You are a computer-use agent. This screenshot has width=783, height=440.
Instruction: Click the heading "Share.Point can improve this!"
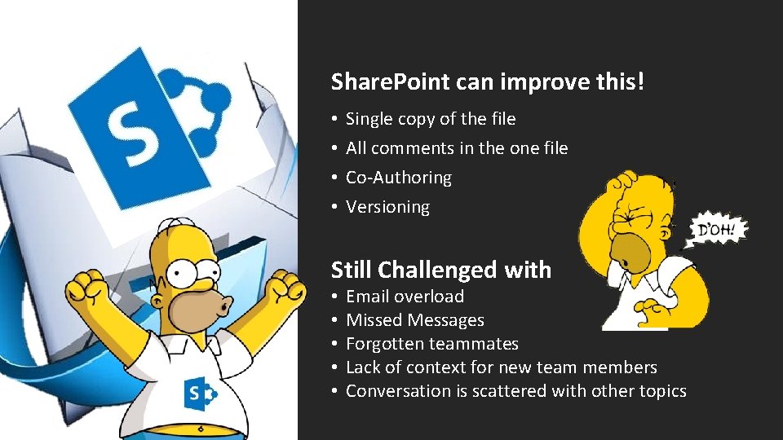tap(488, 81)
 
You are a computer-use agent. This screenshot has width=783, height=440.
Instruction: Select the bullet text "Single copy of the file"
tap(431, 119)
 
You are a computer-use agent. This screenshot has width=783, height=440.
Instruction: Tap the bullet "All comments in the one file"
tap(457, 148)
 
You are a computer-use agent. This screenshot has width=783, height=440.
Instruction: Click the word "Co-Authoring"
tap(398, 178)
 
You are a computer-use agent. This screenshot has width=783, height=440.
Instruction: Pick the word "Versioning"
tap(387, 207)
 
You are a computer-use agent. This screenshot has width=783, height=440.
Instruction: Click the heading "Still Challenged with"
tap(441, 270)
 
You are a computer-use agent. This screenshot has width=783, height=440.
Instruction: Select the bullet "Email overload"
tap(405, 297)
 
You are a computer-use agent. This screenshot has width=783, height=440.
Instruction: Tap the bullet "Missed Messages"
tap(414, 320)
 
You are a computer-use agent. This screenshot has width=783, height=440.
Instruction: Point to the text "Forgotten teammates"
tap(432, 344)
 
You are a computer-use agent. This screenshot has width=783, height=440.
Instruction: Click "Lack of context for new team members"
tap(501, 367)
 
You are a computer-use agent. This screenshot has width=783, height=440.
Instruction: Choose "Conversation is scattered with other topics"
tap(515, 391)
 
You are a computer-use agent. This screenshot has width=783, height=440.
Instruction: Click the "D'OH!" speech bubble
tap(718, 228)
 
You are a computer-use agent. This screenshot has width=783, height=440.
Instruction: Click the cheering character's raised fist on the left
tap(88, 288)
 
